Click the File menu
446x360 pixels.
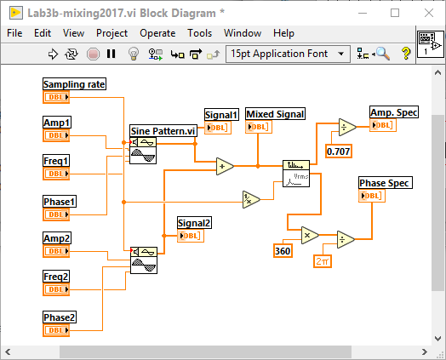pos(14,33)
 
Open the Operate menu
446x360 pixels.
pos(157,33)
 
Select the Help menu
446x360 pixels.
pos(283,33)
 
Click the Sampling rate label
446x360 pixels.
pos(75,84)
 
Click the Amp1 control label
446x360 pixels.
pos(57,123)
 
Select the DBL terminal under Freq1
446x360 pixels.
pos(56,174)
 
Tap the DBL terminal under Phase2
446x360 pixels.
pos(56,330)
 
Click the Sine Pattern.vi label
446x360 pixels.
pos(162,131)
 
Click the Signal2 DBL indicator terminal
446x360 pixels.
pos(191,236)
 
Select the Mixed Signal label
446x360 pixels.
pos(275,114)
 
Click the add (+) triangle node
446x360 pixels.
pos(225,167)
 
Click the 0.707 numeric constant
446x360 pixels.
pos(340,151)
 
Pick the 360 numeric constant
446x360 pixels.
pos(283,250)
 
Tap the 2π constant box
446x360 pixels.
pos(324,261)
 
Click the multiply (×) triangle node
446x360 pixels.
pos(308,234)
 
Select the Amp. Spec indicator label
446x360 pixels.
pos(393,112)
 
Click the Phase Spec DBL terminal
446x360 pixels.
pos(373,196)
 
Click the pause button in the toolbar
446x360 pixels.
pos(111,54)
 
